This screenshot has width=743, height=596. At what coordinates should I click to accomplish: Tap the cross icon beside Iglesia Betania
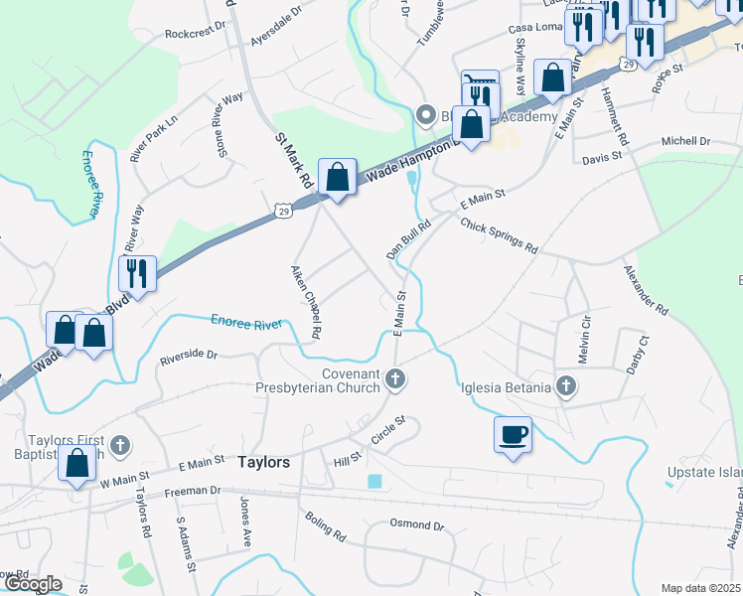point(566,386)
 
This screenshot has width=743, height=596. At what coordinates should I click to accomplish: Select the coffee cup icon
point(513,434)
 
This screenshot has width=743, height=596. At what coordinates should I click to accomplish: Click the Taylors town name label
point(264,463)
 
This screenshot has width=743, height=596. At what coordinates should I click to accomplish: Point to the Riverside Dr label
point(189,354)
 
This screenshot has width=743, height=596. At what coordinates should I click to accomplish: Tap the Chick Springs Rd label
point(499,235)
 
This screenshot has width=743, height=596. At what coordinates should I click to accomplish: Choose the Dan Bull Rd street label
point(408,241)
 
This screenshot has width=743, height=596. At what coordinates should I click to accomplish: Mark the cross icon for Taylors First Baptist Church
point(120,445)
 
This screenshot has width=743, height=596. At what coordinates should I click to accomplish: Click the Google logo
point(32,584)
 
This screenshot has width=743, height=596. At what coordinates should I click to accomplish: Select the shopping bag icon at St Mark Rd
point(338,177)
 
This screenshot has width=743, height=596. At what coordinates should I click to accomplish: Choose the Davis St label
point(602,157)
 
